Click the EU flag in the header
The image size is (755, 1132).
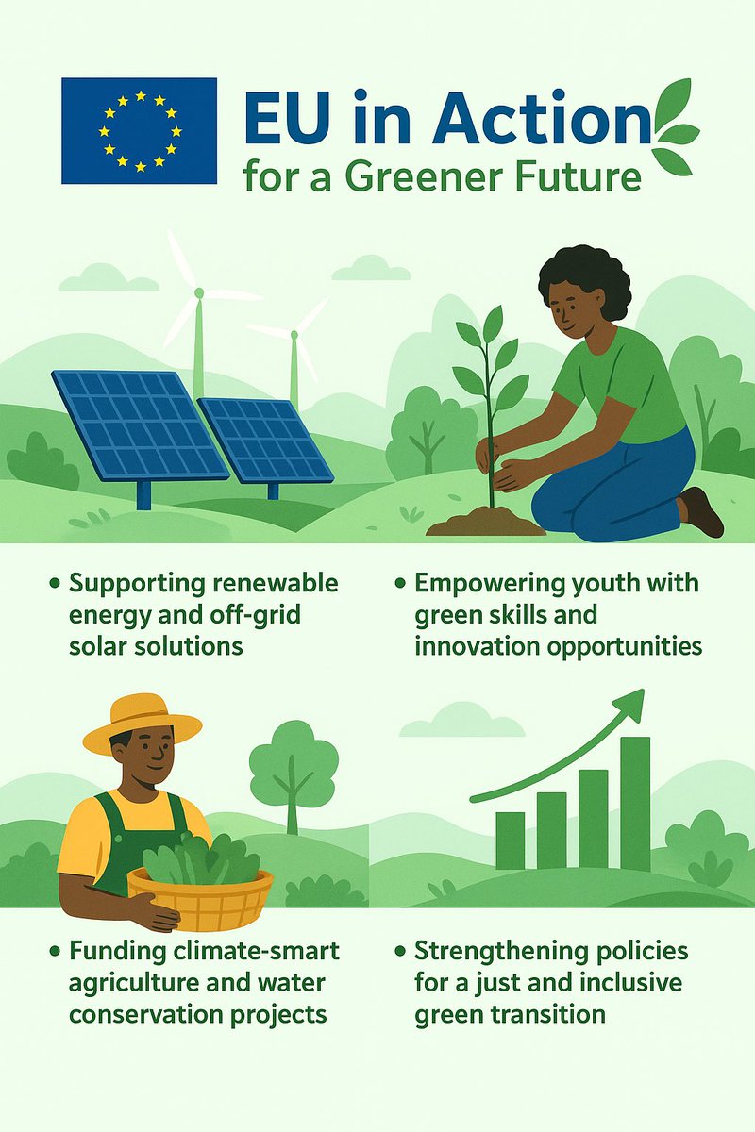tap(139, 130)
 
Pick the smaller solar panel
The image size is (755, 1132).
tap(266, 439)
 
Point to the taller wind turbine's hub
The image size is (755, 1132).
tap(199, 293)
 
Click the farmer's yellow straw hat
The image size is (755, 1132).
tap(142, 723)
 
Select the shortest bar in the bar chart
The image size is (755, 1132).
tap(510, 840)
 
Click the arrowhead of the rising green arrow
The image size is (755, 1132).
tap(631, 704)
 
